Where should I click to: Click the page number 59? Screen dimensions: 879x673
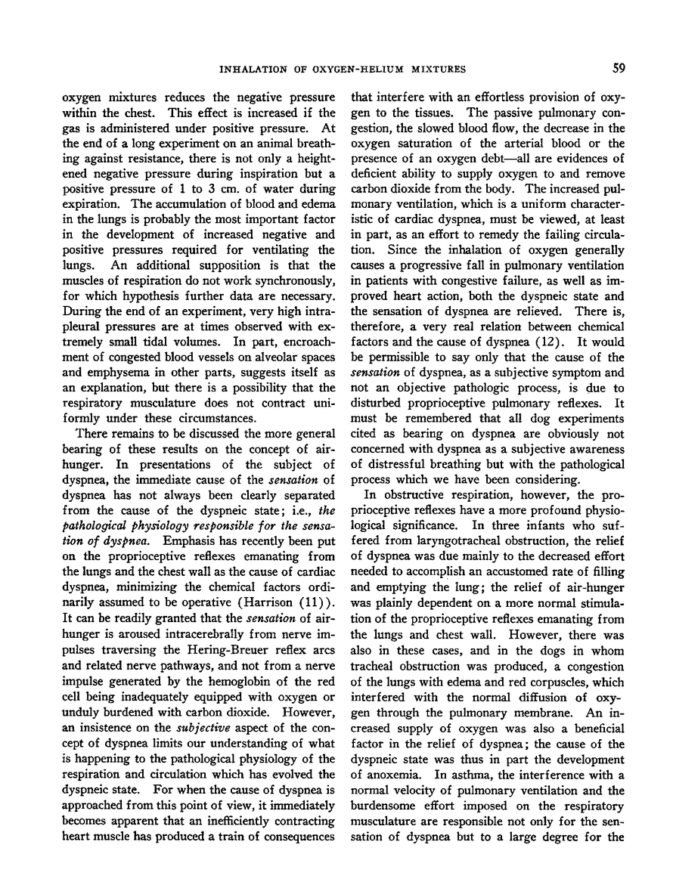coord(619,69)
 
